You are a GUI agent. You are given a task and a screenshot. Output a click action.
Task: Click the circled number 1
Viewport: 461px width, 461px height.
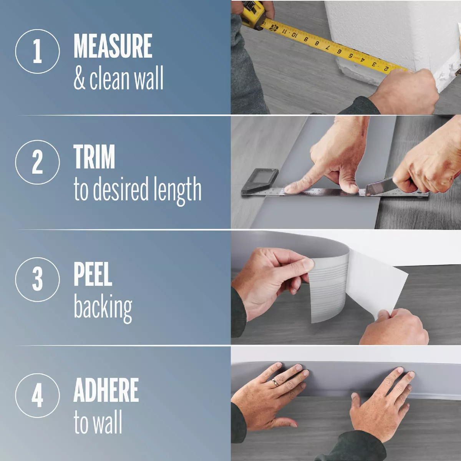[37, 51]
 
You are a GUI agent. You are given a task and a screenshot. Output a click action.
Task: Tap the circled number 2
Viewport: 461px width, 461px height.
[37, 162]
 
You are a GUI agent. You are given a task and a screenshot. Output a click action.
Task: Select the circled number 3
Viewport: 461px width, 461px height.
[37, 279]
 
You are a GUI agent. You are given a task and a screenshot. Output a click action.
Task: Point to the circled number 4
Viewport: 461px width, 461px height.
[37, 395]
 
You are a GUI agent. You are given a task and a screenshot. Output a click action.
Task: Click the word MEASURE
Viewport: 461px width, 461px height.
[113, 46]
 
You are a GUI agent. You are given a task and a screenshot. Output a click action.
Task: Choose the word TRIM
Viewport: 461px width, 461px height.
[94, 157]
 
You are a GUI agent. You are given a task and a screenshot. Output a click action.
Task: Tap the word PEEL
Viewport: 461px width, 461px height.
[93, 274]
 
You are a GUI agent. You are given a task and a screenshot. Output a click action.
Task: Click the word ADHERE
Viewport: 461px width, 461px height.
[106, 390]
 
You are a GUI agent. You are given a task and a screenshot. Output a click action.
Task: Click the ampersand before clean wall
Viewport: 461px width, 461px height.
[80, 78]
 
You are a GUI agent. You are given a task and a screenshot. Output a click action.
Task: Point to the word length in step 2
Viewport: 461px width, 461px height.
[177, 190]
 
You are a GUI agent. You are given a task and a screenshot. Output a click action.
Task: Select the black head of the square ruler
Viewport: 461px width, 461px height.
[260, 181]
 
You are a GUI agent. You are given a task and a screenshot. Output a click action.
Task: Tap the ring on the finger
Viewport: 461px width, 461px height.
[275, 382]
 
